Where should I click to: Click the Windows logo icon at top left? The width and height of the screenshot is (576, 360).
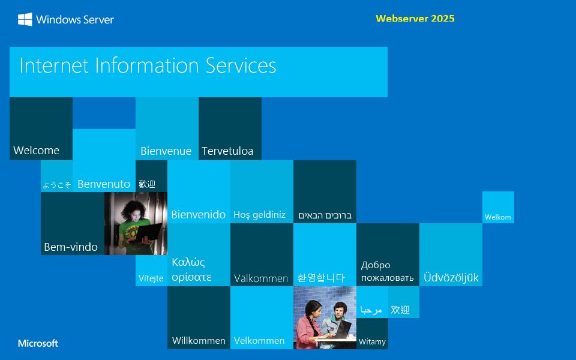point(25,20)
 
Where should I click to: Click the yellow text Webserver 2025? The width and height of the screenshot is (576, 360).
point(415,19)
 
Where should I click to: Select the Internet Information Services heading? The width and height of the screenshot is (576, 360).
point(148,65)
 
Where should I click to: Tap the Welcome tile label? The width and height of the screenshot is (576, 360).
point(37,151)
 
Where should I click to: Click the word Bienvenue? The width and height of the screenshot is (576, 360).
point(166,151)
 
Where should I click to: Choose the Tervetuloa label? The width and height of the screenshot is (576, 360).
point(227,151)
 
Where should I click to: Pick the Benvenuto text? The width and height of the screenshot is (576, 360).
point(104,184)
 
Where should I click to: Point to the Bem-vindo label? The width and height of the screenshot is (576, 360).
point(71,247)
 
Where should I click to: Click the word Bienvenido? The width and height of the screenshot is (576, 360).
point(199,215)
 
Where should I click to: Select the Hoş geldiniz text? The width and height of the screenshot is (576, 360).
point(259,215)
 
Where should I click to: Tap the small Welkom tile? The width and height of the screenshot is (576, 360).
point(498,217)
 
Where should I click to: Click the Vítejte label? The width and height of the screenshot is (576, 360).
point(151,278)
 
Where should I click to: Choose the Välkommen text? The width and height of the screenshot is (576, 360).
point(261,278)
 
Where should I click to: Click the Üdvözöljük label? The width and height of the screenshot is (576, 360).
point(451,278)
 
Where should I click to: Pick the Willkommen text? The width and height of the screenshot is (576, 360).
point(199,341)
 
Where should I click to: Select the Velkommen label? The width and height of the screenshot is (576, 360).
point(259,341)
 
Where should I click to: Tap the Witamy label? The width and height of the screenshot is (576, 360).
point(372,342)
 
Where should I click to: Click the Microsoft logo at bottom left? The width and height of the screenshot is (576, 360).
point(38,344)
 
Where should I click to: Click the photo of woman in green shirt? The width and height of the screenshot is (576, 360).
point(136,223)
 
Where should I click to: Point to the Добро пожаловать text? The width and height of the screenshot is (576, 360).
point(387,271)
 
